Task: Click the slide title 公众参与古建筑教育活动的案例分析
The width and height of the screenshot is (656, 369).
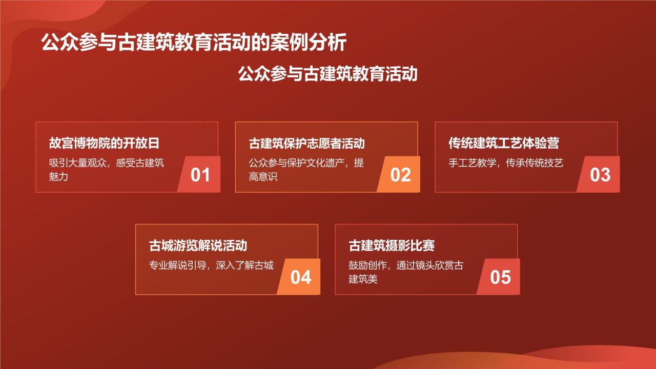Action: coord(194,43)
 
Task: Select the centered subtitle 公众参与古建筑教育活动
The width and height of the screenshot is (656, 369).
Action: coord(327,74)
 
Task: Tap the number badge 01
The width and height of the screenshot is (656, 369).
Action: coord(200,175)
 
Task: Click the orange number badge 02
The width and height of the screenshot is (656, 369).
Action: coord(400,175)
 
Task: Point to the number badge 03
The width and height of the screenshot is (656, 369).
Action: coord(600,175)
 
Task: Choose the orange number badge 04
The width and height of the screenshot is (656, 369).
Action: coord(301,277)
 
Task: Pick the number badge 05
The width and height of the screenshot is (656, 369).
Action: coord(500,277)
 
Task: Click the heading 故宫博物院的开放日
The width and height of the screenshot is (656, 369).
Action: coord(108,143)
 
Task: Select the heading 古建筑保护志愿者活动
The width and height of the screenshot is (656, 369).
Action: coord(306,143)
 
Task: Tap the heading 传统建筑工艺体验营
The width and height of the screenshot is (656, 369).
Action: coord(503,143)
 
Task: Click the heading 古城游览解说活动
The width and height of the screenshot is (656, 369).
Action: coord(198,246)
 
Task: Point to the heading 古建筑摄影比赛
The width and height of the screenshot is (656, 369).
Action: coord(392,246)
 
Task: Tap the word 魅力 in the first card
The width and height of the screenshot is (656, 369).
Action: coord(59,177)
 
